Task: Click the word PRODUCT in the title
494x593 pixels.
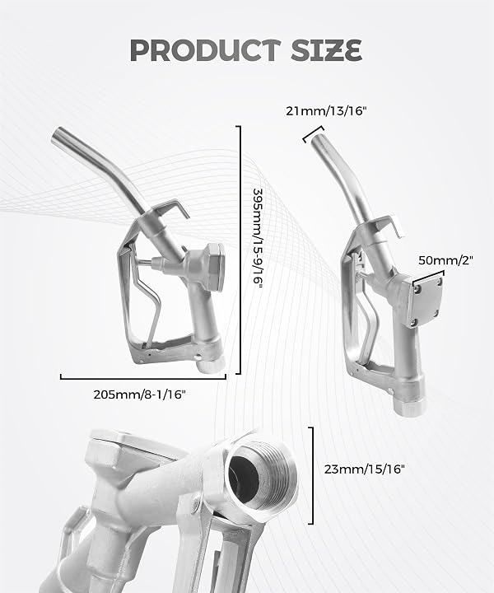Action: (205, 50)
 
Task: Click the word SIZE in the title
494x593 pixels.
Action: (327, 50)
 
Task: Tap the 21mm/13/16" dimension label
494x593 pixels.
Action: (326, 111)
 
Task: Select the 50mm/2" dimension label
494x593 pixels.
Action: (445, 260)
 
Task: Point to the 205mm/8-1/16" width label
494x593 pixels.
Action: (139, 395)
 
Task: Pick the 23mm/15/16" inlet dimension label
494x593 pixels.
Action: (365, 469)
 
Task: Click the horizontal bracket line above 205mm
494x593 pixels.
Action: (143, 377)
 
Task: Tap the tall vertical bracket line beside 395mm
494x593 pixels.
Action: (239, 250)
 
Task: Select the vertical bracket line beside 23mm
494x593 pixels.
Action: (312, 476)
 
